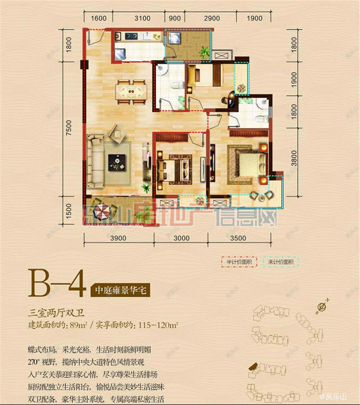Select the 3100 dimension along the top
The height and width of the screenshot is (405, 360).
[142, 18]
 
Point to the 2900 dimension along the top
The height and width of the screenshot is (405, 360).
[211, 18]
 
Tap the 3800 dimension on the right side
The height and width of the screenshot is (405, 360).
[295, 157]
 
